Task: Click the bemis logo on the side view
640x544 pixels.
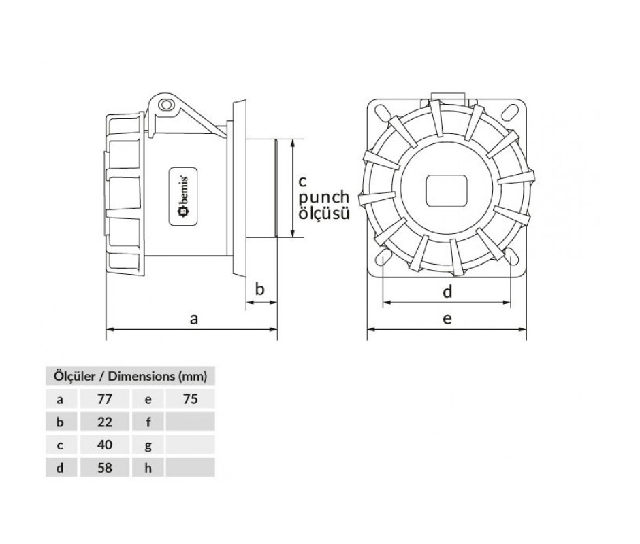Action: (183, 196)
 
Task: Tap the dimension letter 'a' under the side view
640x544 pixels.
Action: (194, 318)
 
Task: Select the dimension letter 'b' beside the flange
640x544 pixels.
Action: (259, 289)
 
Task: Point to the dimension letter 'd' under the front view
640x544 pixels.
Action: (447, 292)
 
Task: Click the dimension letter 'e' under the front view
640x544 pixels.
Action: (447, 318)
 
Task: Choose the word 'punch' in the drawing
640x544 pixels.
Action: (324, 198)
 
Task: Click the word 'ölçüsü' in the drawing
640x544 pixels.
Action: (324, 214)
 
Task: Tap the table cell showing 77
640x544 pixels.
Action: (105, 398)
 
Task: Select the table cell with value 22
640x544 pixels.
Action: (105, 422)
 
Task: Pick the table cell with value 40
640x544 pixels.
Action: (105, 445)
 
